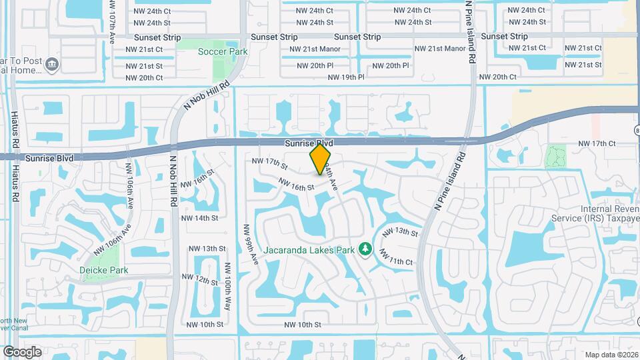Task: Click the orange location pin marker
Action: (321, 159)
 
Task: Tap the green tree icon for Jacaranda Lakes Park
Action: (365, 249)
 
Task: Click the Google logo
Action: (22, 352)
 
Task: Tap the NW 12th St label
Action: (200, 279)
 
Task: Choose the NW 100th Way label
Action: (227, 285)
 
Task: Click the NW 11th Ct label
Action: (396, 258)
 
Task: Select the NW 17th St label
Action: (269, 162)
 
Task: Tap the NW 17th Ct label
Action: (596, 143)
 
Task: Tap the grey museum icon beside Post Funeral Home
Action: (51, 65)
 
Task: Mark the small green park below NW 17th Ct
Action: (555, 157)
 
